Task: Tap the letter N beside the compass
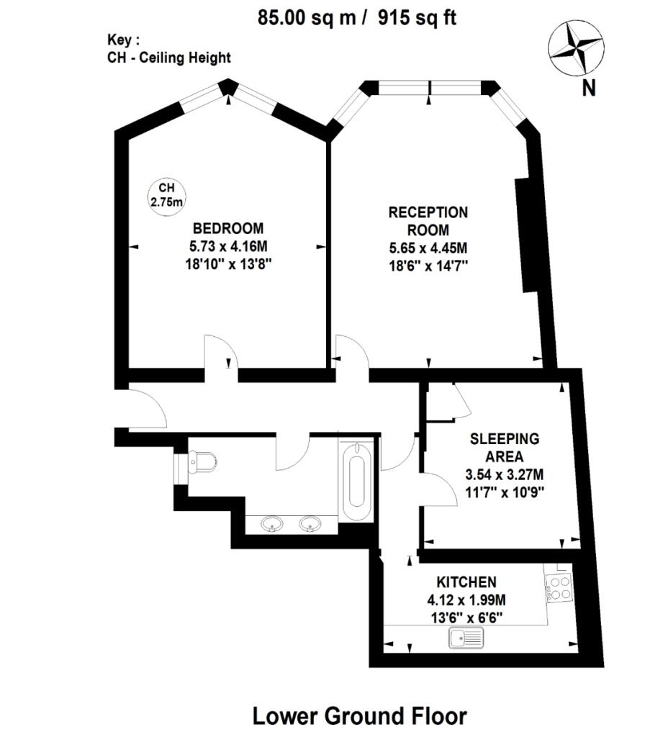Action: (589, 88)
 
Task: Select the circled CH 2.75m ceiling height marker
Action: (166, 194)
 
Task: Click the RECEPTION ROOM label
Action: (428, 222)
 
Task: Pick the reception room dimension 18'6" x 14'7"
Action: (428, 266)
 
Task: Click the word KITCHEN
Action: (466, 582)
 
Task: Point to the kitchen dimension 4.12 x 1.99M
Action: (466, 600)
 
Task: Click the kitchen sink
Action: (466, 637)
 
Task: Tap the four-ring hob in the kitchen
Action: (559, 587)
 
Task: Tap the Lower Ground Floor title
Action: (359, 716)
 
